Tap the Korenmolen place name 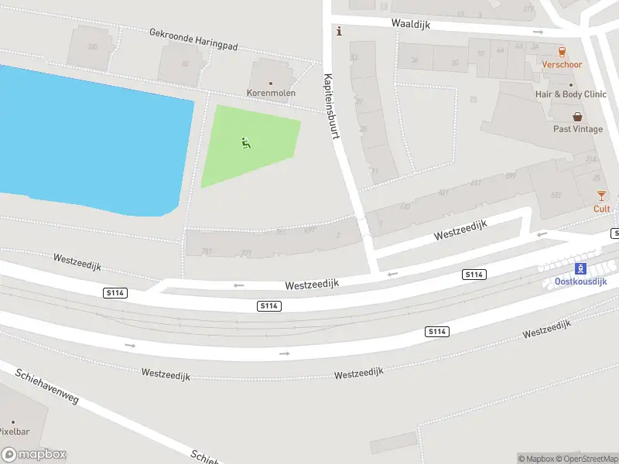(x=271, y=93)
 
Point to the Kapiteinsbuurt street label (x=332, y=106)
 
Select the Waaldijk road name (x=410, y=24)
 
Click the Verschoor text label (x=562, y=65)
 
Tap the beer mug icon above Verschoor (x=562, y=51)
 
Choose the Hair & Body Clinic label (x=571, y=94)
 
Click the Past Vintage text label (x=577, y=129)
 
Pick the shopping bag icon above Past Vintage (x=577, y=117)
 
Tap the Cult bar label (x=601, y=209)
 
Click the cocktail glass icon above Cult (x=601, y=196)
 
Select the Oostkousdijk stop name (x=580, y=281)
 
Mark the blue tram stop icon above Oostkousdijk (x=580, y=268)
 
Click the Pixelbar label (x=14, y=432)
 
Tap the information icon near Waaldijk (x=337, y=31)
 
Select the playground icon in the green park (x=246, y=142)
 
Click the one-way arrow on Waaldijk (x=538, y=32)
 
